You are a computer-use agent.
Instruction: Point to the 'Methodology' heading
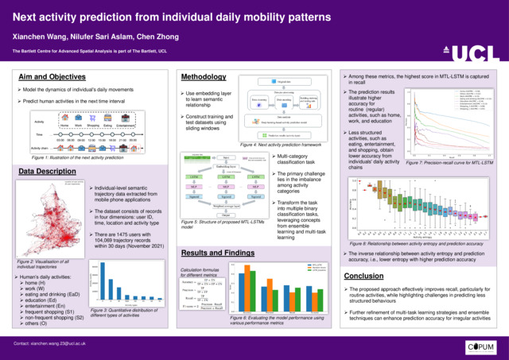tap(204, 77)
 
